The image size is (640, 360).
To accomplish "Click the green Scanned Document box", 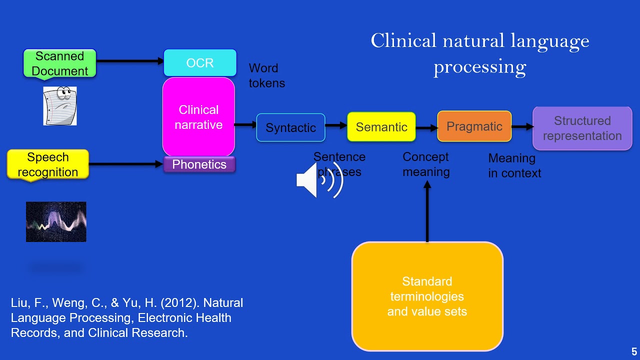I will tap(59, 63).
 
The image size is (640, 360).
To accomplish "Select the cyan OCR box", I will tap(200, 63).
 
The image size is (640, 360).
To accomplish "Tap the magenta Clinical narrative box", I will tap(198, 117).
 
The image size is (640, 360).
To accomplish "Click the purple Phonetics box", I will tap(199, 164).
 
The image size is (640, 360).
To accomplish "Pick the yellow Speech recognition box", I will tap(48, 164).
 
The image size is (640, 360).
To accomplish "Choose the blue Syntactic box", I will tap(290, 127).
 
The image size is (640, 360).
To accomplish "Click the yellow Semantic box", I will tap(381, 127).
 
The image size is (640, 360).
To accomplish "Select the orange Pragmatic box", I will tap(474, 126).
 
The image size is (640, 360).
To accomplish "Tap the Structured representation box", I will tap(582, 128).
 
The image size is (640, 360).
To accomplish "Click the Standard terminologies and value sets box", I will tap(427, 296).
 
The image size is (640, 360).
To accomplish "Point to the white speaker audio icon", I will tap(319, 180).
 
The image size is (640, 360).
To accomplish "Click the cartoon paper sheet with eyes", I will tap(60, 105).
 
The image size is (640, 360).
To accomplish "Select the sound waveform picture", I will tap(56, 221).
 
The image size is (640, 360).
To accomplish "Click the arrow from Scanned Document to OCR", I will tap(130, 61).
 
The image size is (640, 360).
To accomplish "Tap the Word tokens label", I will tap(266, 75).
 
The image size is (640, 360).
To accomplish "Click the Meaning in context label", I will tap(514, 165).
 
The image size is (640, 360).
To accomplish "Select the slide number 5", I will tap(634, 352).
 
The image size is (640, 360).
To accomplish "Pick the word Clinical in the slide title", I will tap(403, 40).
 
